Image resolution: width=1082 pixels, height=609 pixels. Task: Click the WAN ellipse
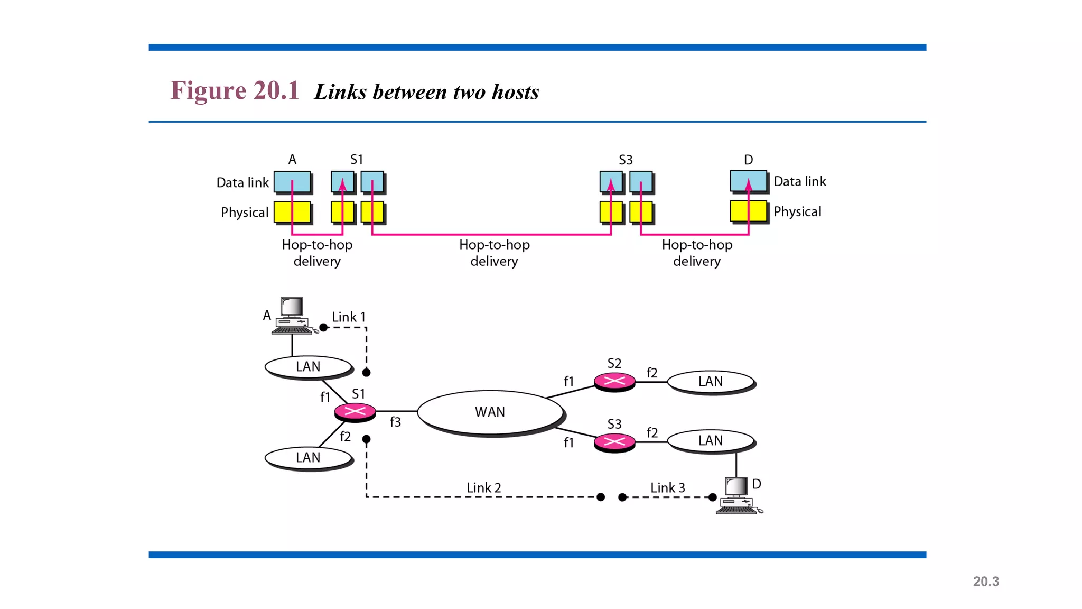490,412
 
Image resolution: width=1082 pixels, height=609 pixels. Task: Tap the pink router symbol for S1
355,411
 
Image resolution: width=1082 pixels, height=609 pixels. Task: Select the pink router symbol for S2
614,381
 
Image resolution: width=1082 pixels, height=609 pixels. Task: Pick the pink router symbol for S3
614,442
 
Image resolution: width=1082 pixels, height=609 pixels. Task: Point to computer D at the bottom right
738,495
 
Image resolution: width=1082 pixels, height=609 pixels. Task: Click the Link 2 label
483,487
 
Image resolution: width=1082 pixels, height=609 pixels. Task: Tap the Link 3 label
667,487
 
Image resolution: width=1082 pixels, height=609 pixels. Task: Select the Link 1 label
348,317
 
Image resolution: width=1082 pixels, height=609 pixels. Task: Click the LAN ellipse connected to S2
710,382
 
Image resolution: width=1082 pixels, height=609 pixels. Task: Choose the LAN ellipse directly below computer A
308,366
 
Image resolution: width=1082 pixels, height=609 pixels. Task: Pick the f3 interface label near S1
395,422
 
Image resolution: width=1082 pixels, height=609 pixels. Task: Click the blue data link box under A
292,182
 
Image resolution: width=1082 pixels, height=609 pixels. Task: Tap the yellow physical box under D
748,211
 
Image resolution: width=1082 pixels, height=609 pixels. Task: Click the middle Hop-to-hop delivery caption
494,253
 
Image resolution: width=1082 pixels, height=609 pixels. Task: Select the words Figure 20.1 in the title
235,90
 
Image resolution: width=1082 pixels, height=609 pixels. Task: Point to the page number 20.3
986,582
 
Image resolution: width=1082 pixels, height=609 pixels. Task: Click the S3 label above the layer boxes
626,160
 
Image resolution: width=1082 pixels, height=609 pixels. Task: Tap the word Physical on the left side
245,213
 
